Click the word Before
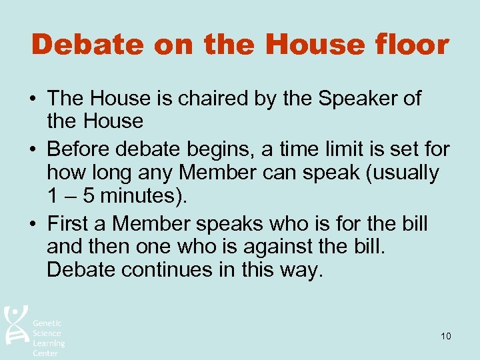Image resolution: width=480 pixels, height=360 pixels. tap(79, 149)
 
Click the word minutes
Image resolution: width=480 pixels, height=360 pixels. tap(141, 197)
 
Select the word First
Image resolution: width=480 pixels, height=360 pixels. tap(69, 223)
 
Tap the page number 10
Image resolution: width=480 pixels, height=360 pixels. tap(445, 336)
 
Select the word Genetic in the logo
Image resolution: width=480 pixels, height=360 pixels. tap(47, 323)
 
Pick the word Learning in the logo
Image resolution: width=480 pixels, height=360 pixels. tap(49, 343)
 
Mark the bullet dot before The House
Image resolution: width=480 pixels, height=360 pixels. tap(32, 99)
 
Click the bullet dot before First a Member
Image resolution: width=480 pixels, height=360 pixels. tap(32, 223)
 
